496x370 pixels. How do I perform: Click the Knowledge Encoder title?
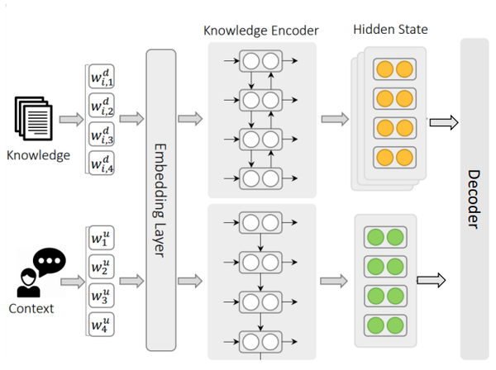(261, 31)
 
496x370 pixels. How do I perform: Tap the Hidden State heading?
(390, 30)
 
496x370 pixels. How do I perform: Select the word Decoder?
(474, 199)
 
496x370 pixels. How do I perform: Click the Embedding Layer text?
(160, 201)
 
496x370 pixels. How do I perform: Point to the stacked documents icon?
(34, 118)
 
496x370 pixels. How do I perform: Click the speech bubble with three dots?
(50, 262)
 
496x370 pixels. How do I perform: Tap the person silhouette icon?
(28, 282)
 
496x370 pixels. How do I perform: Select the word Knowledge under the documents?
(38, 155)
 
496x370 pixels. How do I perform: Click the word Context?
(31, 309)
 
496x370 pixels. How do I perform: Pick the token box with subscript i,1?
(102, 76)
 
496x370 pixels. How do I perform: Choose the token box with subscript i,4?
(102, 163)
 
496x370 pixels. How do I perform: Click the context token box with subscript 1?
(101, 238)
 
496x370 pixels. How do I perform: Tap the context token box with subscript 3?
(101, 296)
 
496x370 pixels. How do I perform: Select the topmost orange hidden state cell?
(394, 69)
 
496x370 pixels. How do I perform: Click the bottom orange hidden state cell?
(394, 158)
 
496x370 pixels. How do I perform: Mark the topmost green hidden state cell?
(385, 237)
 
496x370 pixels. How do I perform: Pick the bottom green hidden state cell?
(385, 325)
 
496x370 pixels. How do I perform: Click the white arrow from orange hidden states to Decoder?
(444, 122)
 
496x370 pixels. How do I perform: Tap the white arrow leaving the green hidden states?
(432, 280)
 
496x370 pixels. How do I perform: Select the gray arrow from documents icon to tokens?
(71, 120)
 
